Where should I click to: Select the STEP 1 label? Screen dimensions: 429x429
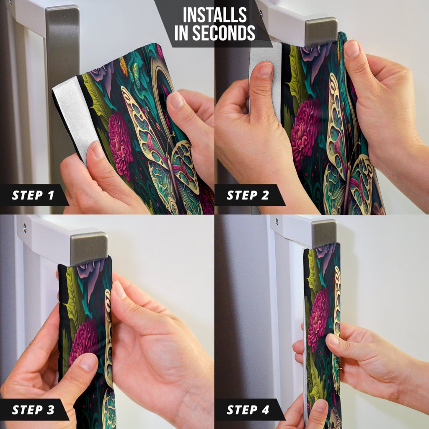point(33,195)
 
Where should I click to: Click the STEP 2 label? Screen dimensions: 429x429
point(248,195)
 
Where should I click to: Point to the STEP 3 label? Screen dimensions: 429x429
point(33,410)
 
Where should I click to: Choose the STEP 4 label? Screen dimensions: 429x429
point(248,410)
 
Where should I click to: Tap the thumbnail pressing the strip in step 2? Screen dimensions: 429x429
point(266,68)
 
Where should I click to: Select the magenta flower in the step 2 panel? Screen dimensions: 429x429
point(305,131)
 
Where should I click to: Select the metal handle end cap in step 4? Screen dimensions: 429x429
point(324,233)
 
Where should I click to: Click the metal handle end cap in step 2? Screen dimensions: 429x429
point(320,31)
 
